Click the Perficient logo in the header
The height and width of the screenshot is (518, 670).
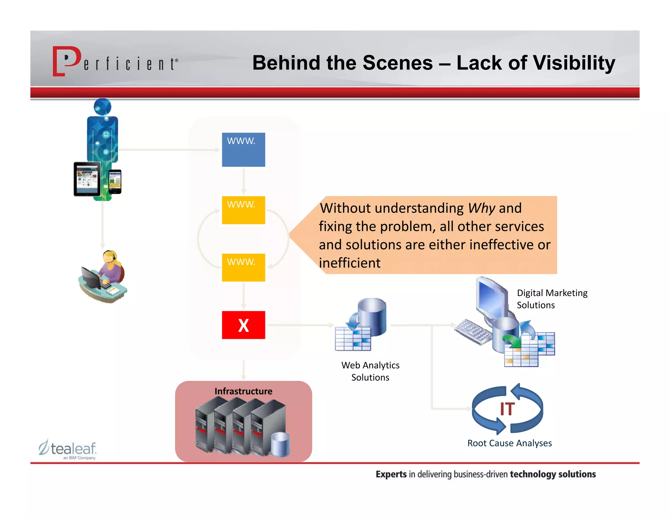pyautogui.click(x=115, y=62)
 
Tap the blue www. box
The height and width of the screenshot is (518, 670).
pyautogui.click(x=243, y=150)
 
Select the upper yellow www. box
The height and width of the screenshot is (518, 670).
pyautogui.click(x=243, y=210)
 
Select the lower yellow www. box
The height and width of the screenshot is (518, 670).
pyautogui.click(x=243, y=268)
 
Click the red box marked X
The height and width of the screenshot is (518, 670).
pyautogui.click(x=243, y=325)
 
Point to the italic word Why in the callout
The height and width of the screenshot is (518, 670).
pyautogui.click(x=482, y=208)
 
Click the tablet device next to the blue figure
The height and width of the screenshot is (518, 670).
pyautogui.click(x=87, y=179)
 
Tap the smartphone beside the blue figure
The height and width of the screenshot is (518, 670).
pyautogui.click(x=115, y=182)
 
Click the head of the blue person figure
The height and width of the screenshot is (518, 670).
pyautogui.click(x=102, y=107)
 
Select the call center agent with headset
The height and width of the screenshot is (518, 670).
pyautogui.click(x=103, y=277)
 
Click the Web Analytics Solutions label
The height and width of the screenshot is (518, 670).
pyautogui.click(x=370, y=371)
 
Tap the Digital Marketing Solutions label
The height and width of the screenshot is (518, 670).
pyautogui.click(x=552, y=299)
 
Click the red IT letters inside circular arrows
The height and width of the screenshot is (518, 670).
pyautogui.click(x=507, y=409)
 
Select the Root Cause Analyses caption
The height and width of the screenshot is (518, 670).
pyautogui.click(x=509, y=443)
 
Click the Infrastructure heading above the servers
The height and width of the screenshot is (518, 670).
pyautogui.click(x=243, y=391)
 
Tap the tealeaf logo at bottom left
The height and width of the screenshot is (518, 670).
pyautogui.click(x=68, y=449)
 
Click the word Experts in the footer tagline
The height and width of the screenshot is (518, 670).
pyautogui.click(x=391, y=474)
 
